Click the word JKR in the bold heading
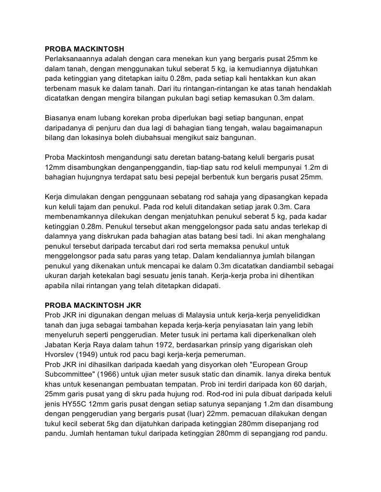click(x=133, y=305)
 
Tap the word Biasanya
click(x=60, y=118)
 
